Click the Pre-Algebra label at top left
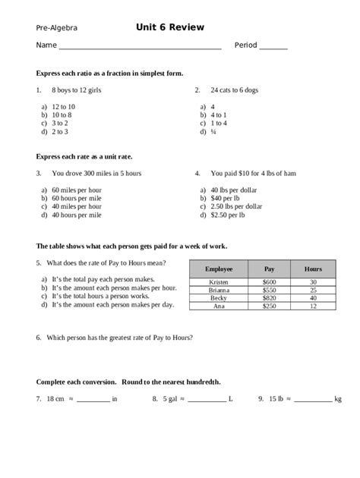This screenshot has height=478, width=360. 56,28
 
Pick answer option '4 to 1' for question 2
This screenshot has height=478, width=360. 221,115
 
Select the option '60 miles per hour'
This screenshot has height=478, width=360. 76,190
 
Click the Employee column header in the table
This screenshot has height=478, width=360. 218,269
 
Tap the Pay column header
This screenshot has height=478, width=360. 269,269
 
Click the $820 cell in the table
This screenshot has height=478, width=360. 269,297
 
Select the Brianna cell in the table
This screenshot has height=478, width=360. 218,290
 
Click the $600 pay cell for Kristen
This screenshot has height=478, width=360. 269,282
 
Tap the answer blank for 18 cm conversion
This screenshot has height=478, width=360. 93,398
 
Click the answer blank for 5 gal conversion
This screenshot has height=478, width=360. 204,398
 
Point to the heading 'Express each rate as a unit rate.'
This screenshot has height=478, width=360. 84,156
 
